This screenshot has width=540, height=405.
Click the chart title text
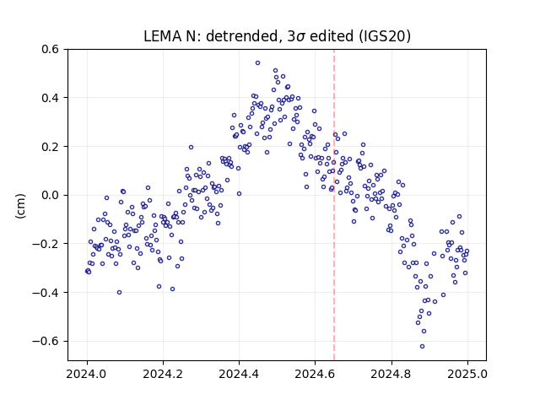pos(277,36)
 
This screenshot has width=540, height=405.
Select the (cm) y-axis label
pos(20,206)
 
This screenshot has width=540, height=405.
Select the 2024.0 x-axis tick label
pos(87,374)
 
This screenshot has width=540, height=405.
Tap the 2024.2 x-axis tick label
pos(163,374)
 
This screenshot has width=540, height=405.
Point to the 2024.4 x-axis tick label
pos(239,374)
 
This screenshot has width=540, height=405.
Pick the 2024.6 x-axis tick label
pos(315,374)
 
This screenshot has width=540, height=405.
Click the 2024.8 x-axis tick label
pos(391,374)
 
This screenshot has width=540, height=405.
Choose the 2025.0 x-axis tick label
pos(467,374)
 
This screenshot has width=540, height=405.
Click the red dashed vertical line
pos(334,205)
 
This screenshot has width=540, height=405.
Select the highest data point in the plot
pos(257,63)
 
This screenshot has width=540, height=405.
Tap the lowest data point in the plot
pos(422,347)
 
